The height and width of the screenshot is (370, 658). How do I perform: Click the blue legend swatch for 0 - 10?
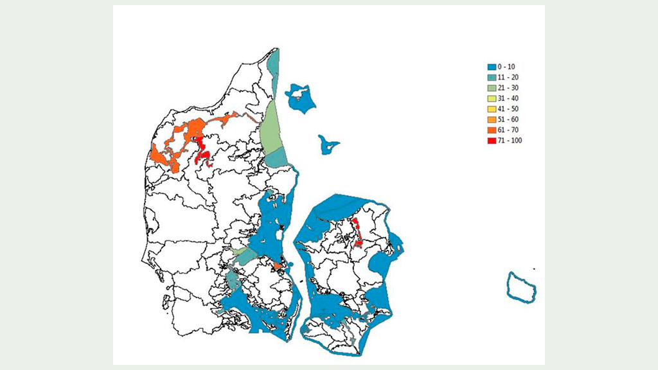[492, 67]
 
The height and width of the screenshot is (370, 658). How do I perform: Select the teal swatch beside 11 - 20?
[492, 77]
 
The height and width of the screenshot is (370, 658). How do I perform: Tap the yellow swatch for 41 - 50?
[492, 109]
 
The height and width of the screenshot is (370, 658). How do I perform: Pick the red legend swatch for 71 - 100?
[492, 140]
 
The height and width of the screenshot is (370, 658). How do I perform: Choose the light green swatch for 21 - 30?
[492, 88]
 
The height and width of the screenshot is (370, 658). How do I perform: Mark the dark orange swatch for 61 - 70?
[492, 130]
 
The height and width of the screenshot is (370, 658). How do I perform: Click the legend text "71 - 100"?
[510, 140]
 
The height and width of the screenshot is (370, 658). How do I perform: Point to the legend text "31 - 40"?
[508, 98]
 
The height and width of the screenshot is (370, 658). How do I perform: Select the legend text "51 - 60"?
[508, 119]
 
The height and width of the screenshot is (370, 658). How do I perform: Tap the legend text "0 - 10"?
[506, 67]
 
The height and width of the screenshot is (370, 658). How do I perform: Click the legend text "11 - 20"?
[508, 77]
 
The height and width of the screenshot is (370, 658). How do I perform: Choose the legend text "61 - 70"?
[508, 130]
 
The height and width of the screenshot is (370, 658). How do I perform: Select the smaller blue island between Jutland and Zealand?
[328, 145]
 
